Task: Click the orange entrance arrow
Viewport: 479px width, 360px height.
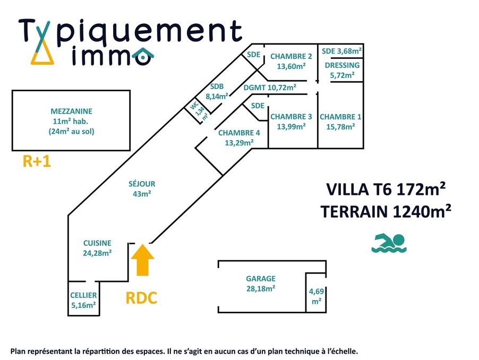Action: pos(142,259)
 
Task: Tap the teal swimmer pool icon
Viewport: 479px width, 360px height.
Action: pos(389,243)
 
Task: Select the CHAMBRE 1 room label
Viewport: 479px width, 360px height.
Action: pos(340,122)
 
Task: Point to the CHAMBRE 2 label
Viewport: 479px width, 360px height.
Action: pos(291,62)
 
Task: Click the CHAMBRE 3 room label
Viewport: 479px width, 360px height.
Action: pos(291,122)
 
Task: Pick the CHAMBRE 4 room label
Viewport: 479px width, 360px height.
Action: pos(239,138)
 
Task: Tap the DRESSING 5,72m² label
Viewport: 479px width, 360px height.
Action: pos(341,70)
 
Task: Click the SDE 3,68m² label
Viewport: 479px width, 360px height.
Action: pos(341,51)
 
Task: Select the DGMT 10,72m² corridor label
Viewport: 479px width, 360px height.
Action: pos(270,88)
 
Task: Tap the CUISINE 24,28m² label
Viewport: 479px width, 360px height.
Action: pos(97,248)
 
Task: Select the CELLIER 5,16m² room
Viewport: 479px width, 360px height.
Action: pos(83,300)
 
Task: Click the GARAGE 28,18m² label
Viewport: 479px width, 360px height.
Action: pos(260,284)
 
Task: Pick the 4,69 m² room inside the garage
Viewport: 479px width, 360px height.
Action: pos(317,296)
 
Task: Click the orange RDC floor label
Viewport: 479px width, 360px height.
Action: pos(141,298)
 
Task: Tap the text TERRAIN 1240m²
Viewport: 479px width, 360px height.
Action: pos(386,211)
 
